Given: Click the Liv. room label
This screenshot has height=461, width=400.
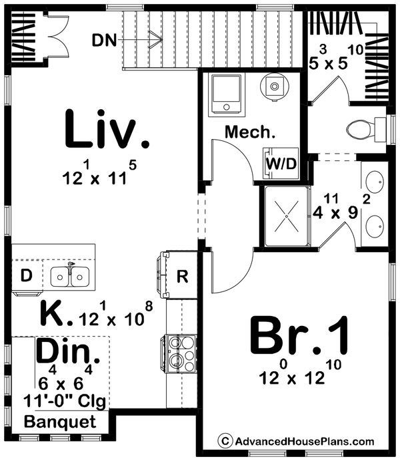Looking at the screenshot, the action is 107,128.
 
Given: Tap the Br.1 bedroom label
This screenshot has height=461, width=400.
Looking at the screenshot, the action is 299,335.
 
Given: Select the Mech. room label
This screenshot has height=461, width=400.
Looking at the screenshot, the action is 250,132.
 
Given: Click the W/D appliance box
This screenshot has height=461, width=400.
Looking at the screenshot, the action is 281,164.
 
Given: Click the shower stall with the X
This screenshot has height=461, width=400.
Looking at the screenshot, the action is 287,216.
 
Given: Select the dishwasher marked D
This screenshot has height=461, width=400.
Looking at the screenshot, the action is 27,275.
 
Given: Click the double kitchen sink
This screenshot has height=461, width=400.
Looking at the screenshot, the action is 70,276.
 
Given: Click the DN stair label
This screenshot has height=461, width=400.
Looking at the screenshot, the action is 105,41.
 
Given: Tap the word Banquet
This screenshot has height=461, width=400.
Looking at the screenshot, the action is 60,422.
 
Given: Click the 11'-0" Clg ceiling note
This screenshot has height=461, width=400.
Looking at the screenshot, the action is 65,400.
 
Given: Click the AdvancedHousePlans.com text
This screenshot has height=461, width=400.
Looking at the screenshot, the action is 305,441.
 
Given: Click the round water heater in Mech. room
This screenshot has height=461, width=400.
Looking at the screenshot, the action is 274,86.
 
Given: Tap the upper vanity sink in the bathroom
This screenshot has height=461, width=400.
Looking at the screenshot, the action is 375,182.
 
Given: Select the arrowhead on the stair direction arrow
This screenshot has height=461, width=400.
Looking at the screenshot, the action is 156,39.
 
